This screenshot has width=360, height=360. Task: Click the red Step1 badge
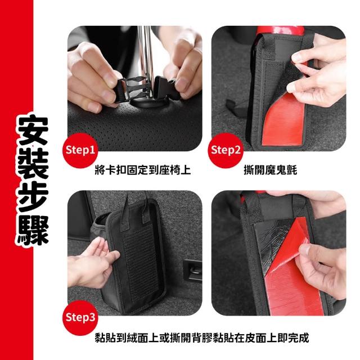click(x=80, y=151)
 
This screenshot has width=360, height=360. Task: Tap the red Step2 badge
click(x=226, y=151)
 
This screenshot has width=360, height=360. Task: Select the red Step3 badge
click(x=80, y=318)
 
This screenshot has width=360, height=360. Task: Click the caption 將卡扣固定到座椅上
click(x=143, y=170)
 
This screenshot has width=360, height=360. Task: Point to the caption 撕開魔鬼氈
click(x=271, y=170)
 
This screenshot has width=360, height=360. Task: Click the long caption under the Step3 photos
click(x=202, y=337)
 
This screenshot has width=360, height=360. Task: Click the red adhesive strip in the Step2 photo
click(x=284, y=123)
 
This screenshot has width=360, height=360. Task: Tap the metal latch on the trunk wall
click(x=193, y=271)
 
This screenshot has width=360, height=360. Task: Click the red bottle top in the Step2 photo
click(x=281, y=30)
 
